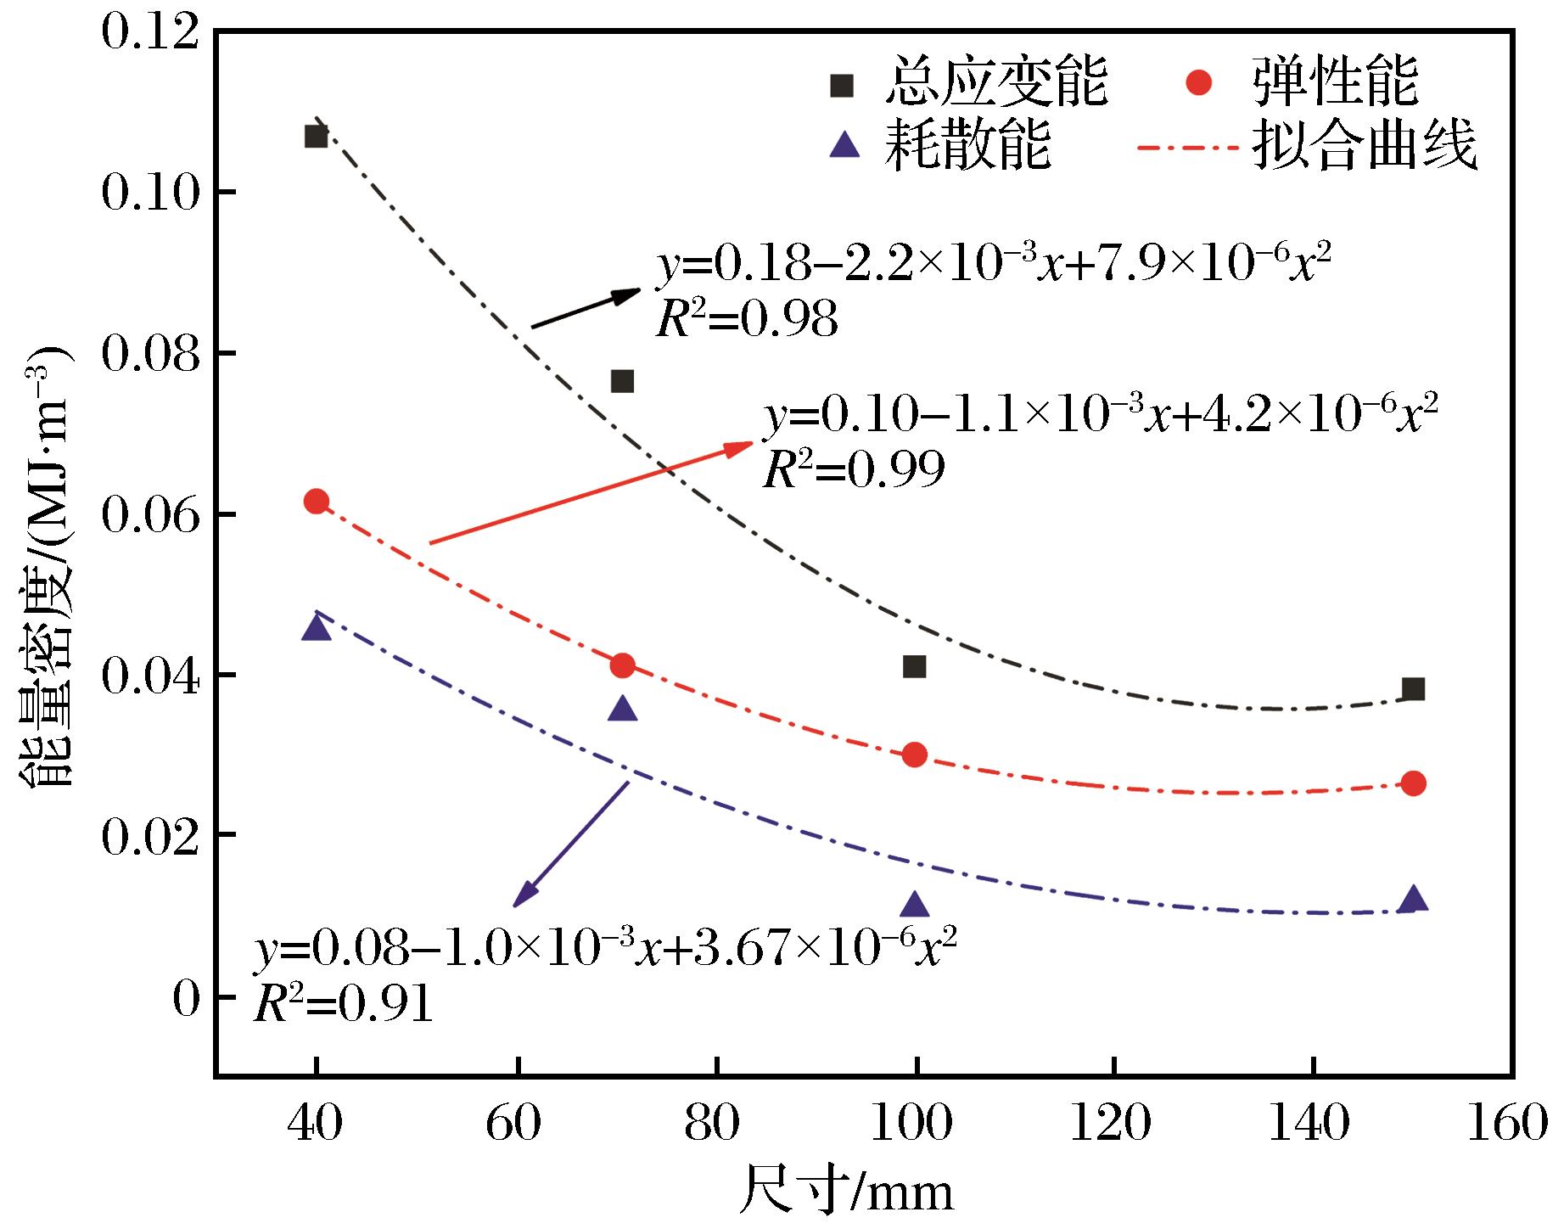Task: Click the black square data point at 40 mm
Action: [316, 136]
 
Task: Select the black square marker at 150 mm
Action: [1413, 689]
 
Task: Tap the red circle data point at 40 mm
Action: [316, 502]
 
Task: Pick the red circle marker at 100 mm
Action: [914, 755]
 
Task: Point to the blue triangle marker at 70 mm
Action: [623, 709]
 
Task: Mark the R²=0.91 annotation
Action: [344, 1005]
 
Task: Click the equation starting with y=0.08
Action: [606, 950]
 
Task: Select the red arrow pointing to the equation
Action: [591, 492]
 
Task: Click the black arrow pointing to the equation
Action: [586, 308]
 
